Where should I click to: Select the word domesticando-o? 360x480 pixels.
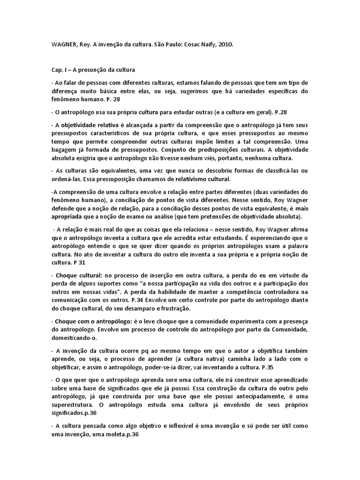click(74, 337)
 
